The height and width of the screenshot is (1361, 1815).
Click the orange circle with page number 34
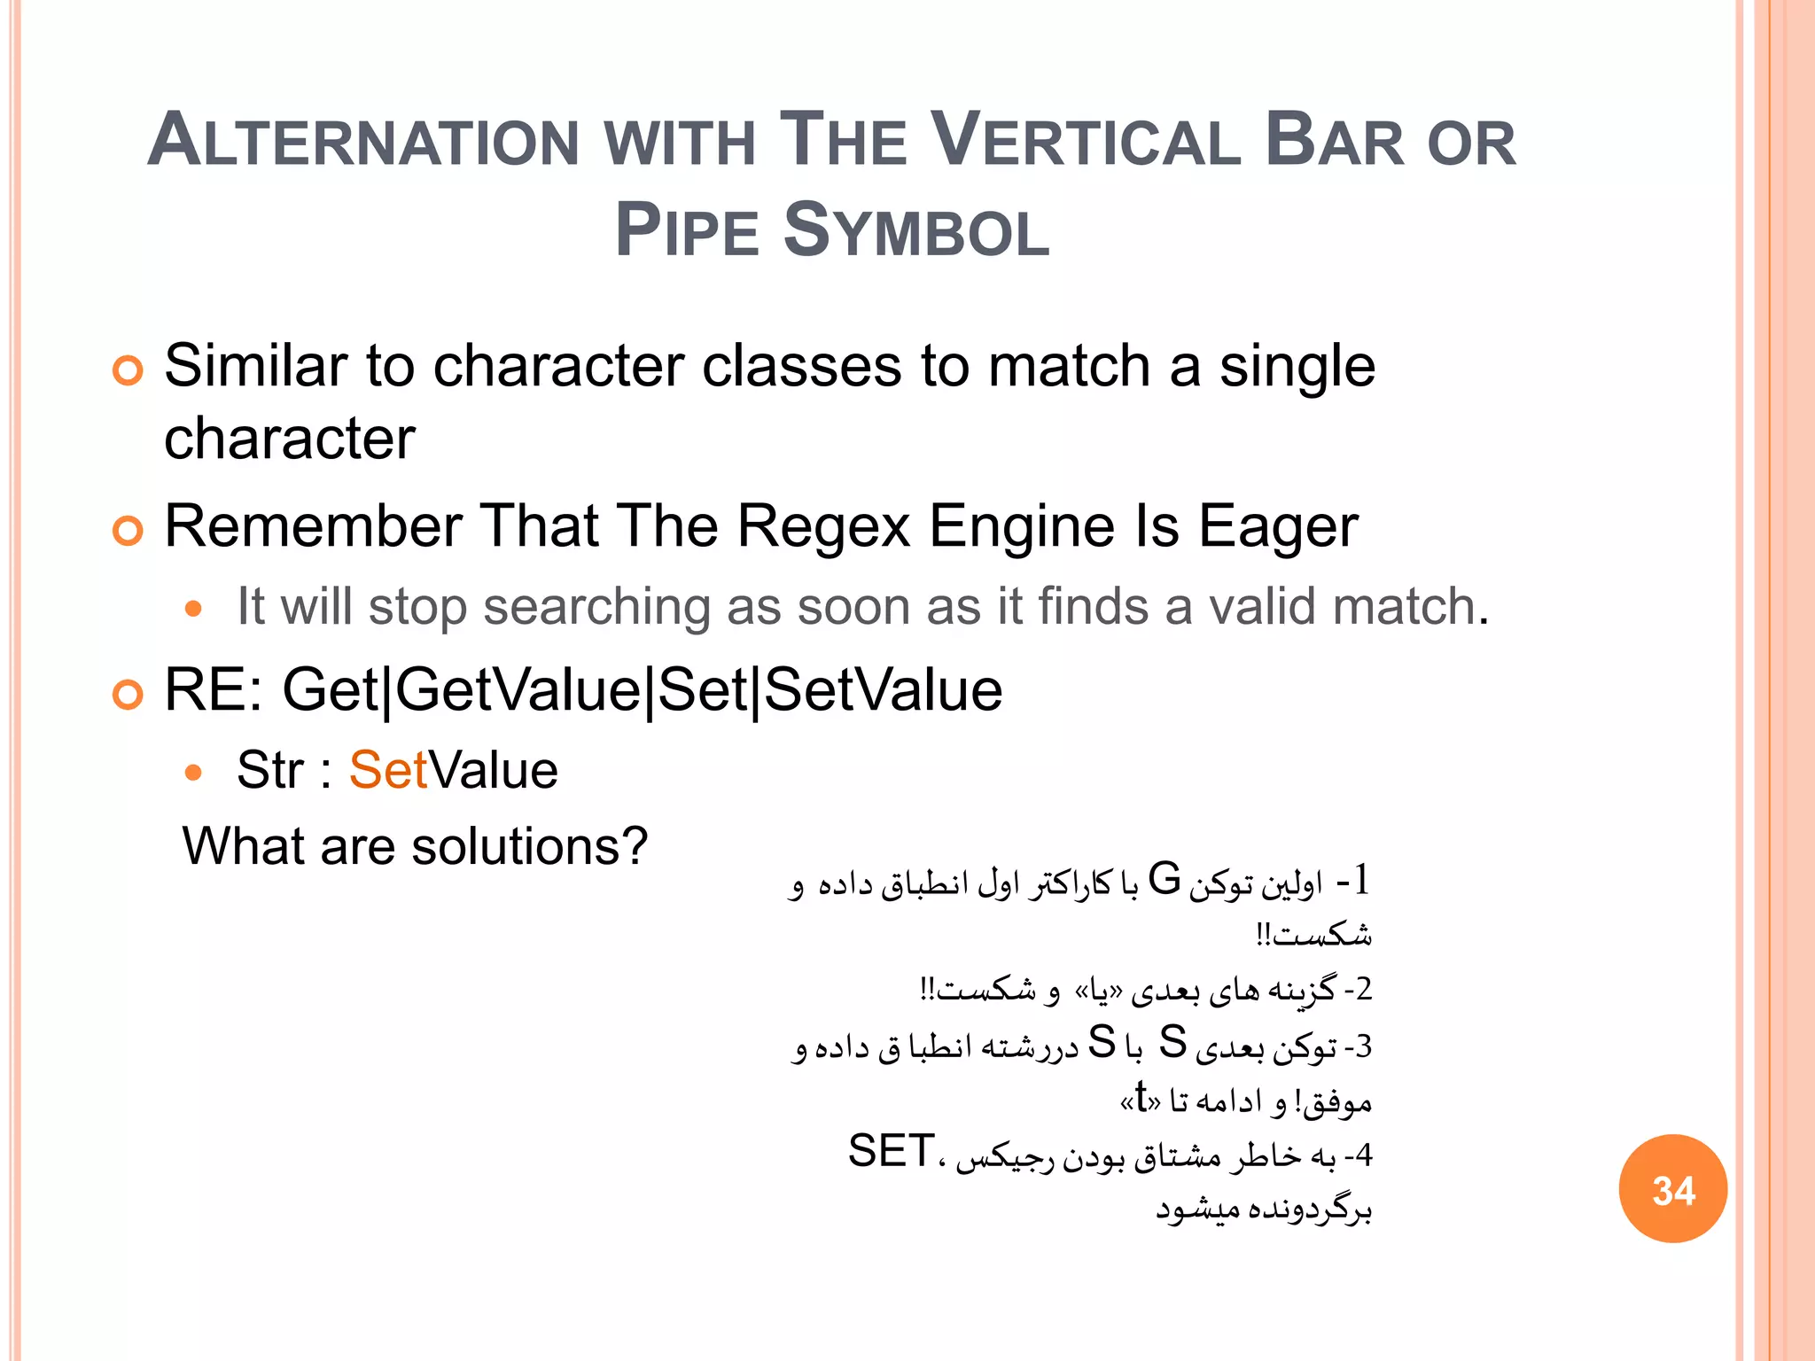[1672, 1189]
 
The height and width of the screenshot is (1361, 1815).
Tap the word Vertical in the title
[1087, 142]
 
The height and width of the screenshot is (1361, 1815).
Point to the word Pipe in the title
[688, 232]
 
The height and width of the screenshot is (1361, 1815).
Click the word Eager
[1278, 526]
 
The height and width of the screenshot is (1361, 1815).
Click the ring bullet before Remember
[128, 531]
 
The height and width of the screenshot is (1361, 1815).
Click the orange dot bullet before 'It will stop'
[193, 610]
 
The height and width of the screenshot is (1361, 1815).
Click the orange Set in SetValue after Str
[387, 769]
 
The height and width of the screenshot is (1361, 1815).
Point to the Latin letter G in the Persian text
[1164, 880]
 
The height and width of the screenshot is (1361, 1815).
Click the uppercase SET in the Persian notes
[891, 1151]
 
